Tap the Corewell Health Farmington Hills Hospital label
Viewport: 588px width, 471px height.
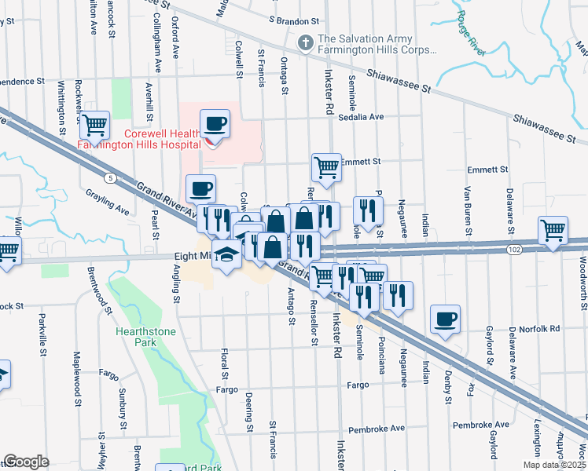[x=141, y=139]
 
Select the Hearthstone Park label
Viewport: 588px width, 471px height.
[x=143, y=337]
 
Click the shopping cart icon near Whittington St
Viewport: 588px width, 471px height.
[x=94, y=124]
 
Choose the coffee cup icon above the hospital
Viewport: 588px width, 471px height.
[x=215, y=124]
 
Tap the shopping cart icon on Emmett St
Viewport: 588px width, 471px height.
[x=326, y=166]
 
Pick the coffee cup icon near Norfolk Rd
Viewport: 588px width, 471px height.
[x=446, y=319]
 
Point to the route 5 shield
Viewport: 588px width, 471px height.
[x=114, y=177]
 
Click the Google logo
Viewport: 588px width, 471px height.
[x=26, y=462]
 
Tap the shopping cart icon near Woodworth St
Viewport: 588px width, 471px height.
[x=553, y=230]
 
